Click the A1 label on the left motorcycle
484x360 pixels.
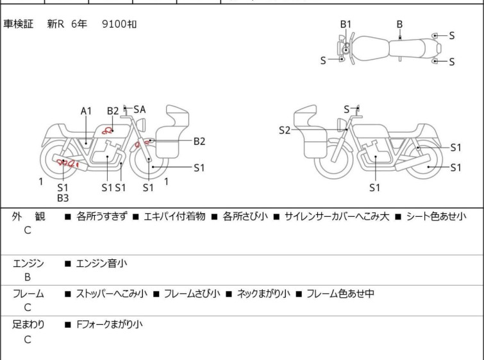[x=86, y=111]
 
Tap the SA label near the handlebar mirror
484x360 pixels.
[x=140, y=109]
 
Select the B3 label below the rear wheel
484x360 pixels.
[x=63, y=198]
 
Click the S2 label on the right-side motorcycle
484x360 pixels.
[x=285, y=130]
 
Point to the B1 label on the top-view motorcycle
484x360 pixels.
[x=346, y=24]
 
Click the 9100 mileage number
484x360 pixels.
[x=114, y=24]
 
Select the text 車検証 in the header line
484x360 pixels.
[x=18, y=24]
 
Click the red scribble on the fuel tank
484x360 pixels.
[x=108, y=130]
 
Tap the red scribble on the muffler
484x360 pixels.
[x=67, y=162]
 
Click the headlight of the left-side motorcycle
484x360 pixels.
[x=141, y=124]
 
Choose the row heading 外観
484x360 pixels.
[x=28, y=216]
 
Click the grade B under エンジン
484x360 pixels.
[x=28, y=277]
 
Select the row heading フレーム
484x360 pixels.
[x=28, y=293]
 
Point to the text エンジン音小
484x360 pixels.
[x=101, y=263]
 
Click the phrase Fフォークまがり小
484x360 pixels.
[x=110, y=325]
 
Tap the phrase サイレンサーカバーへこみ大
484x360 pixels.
[x=337, y=216]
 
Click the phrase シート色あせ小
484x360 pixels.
[x=436, y=216]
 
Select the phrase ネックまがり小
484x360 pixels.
[x=263, y=293]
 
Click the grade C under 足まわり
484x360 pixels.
[x=28, y=339]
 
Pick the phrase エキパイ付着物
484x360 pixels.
[x=175, y=216]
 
